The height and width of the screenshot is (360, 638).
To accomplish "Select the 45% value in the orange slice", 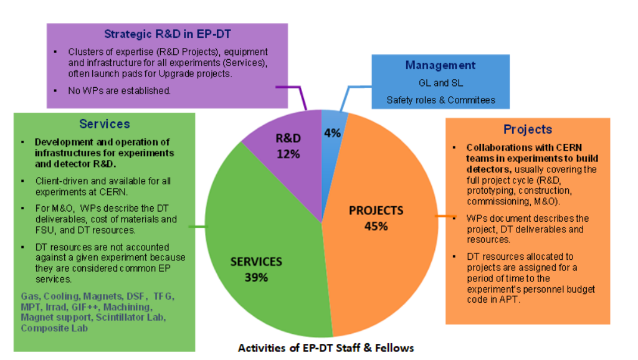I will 376,225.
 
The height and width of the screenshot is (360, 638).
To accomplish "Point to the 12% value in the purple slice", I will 288,153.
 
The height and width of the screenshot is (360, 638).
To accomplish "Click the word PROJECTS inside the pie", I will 376,211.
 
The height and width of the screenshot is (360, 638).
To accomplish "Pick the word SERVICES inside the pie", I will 256,262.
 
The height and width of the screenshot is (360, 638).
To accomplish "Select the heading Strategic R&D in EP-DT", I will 167,34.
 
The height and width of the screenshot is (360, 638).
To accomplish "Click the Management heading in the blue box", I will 440,65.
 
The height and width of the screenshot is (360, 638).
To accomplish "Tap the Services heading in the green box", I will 105,124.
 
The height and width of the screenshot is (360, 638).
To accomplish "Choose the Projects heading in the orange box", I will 528,130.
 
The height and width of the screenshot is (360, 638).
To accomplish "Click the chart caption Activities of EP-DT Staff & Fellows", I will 326,348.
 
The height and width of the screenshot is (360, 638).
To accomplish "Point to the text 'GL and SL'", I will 440,83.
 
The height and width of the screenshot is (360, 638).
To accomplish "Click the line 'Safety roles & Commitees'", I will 440,100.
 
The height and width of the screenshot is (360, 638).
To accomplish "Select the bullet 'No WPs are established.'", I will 119,91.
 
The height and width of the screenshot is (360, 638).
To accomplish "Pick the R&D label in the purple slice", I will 288,138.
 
